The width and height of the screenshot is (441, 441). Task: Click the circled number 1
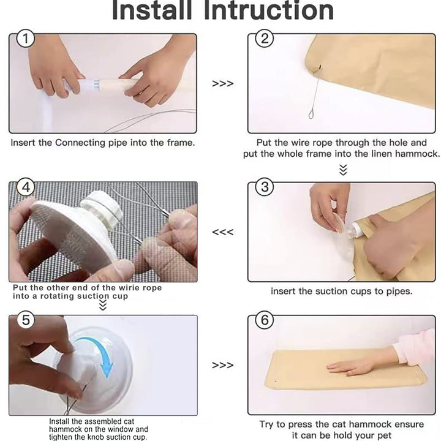tap(25, 39)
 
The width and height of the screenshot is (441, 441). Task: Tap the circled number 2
tap(265, 38)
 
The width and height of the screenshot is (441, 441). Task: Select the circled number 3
tap(265, 187)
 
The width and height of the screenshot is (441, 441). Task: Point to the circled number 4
tap(26, 187)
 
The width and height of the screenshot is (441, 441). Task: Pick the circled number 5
tap(26, 320)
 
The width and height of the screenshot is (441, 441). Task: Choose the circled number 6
tap(265, 320)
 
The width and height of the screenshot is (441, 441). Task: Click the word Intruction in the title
tap(269, 10)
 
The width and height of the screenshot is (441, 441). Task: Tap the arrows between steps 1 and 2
tap(223, 83)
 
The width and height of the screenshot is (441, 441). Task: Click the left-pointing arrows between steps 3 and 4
tap(223, 232)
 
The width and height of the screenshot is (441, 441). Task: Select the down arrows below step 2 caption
tap(343, 170)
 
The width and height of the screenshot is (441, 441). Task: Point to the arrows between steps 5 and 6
tap(223, 365)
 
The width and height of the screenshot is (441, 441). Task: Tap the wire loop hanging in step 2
tap(311, 114)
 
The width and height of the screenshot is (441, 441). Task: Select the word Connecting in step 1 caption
tap(81, 143)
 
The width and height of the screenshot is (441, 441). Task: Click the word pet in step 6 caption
tap(383, 435)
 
